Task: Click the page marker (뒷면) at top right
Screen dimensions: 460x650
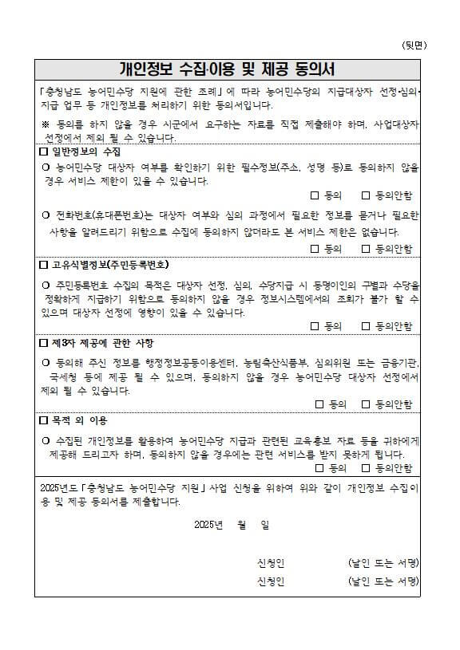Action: click(413, 45)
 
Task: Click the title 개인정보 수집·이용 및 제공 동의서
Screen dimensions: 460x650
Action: click(227, 69)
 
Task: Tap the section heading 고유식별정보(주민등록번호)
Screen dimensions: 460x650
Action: click(110, 264)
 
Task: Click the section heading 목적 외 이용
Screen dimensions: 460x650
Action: click(79, 420)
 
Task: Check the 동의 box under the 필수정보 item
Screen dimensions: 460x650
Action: click(315, 195)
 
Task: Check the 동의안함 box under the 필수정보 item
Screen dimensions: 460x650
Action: click(367, 195)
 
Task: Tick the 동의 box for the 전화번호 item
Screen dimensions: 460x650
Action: click(315, 248)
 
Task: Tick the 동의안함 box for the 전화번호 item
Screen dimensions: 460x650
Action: click(367, 248)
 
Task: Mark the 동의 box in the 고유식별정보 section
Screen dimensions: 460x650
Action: click(315, 326)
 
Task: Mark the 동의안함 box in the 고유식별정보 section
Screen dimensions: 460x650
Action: click(367, 326)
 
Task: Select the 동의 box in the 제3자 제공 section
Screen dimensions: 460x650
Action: click(319, 404)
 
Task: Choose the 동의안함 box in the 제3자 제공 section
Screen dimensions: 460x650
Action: click(367, 404)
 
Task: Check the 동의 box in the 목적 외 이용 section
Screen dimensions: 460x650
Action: click(319, 467)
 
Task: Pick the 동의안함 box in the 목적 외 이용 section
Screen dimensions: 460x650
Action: click(367, 467)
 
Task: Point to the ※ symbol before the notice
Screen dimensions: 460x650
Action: click(45, 125)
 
